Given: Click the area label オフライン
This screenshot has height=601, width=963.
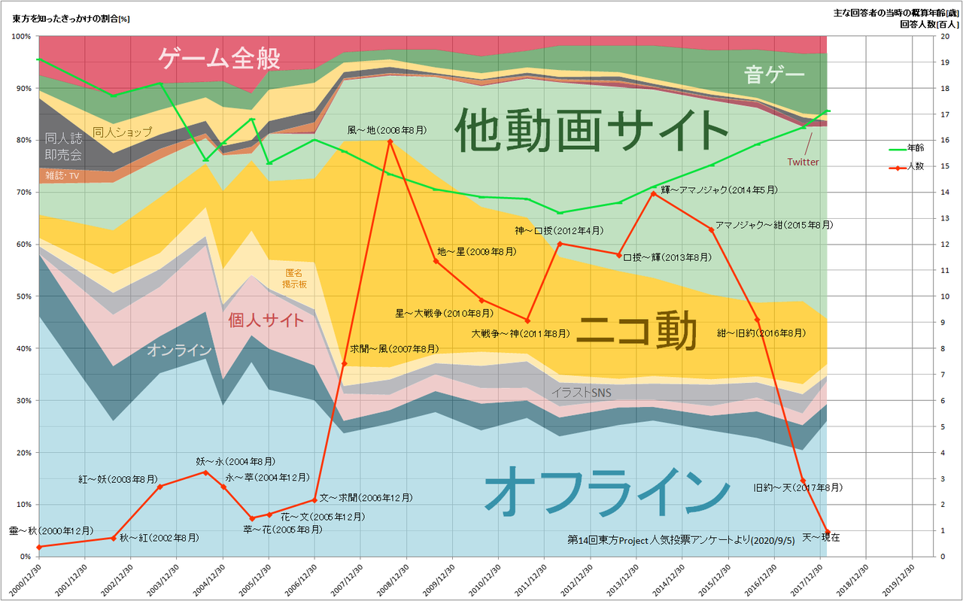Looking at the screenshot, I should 606,491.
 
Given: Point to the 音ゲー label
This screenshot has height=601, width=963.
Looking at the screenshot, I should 775,74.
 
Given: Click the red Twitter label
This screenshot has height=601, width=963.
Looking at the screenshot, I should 802,162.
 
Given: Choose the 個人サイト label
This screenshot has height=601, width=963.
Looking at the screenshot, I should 266,320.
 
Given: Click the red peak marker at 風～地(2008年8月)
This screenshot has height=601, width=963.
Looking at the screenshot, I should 390,141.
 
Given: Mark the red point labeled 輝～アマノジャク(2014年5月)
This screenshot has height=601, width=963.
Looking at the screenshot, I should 653,193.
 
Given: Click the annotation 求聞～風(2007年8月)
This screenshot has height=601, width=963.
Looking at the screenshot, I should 393,349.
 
